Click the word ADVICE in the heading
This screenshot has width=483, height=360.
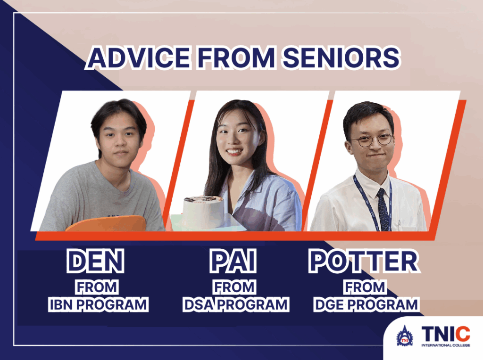(139, 57)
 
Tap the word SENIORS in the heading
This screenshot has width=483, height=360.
(341, 57)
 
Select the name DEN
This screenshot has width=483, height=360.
(95, 261)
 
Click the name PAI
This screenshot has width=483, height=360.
(233, 261)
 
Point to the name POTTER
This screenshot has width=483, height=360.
(364, 261)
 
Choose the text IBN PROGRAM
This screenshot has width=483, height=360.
(99, 304)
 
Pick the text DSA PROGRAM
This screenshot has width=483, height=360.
(236, 304)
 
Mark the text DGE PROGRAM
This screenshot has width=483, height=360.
(366, 304)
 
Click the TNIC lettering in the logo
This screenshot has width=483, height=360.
(446, 334)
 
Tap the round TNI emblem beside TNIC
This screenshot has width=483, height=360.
(404, 336)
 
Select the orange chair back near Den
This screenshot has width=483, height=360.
(106, 224)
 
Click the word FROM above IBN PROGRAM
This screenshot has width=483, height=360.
(97, 287)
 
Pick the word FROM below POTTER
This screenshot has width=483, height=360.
(365, 287)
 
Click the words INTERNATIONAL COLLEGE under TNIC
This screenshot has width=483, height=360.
(446, 345)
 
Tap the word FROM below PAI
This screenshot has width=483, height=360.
(234, 287)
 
